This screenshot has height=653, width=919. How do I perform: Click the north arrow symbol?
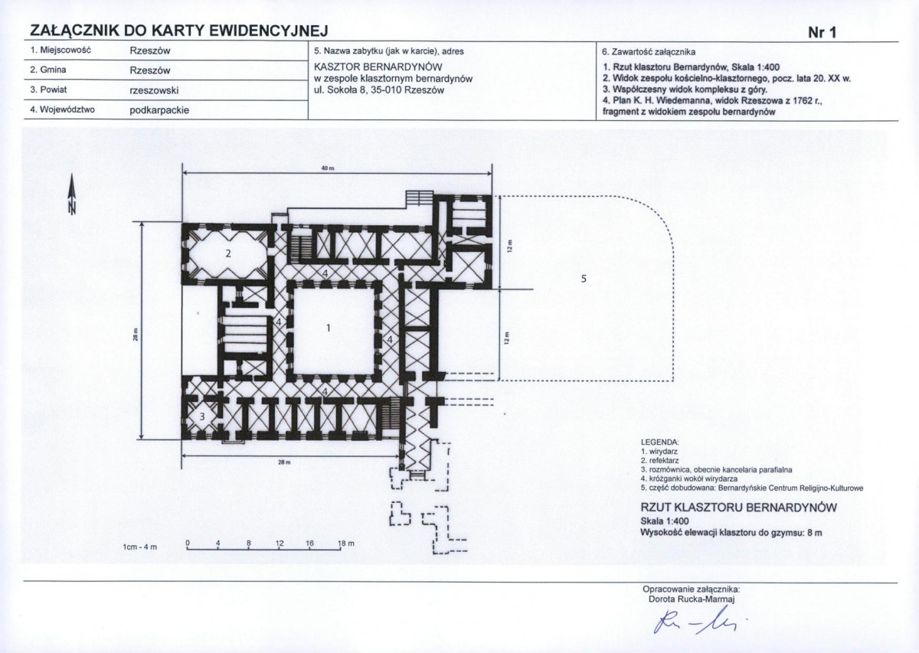pyautogui.click(x=72, y=194)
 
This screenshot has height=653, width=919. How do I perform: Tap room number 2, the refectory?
pyautogui.click(x=228, y=253)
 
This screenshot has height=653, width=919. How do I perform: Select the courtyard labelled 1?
pyautogui.click(x=328, y=328)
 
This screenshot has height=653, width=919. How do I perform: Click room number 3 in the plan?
pyautogui.click(x=202, y=416)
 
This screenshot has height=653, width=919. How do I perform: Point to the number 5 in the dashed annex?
pyautogui.click(x=584, y=279)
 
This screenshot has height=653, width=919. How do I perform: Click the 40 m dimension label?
pyautogui.click(x=325, y=168)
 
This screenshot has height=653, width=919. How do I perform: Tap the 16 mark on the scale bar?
pyautogui.click(x=309, y=543)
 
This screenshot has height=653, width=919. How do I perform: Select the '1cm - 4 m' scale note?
pyautogui.click(x=140, y=547)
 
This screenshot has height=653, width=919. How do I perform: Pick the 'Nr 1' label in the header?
pyautogui.click(x=822, y=33)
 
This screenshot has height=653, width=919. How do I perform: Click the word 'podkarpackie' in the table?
pyautogui.click(x=159, y=110)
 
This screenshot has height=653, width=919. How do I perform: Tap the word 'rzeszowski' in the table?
pyautogui.click(x=154, y=90)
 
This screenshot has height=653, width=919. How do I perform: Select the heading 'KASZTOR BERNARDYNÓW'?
pyautogui.click(x=378, y=67)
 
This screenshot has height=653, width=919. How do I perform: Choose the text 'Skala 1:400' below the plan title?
pyautogui.click(x=665, y=521)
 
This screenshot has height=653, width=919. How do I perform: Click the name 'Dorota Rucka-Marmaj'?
pyautogui.click(x=692, y=599)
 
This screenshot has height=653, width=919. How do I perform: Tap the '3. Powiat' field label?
pyautogui.click(x=48, y=90)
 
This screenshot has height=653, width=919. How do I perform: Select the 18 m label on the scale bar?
pyautogui.click(x=345, y=544)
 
